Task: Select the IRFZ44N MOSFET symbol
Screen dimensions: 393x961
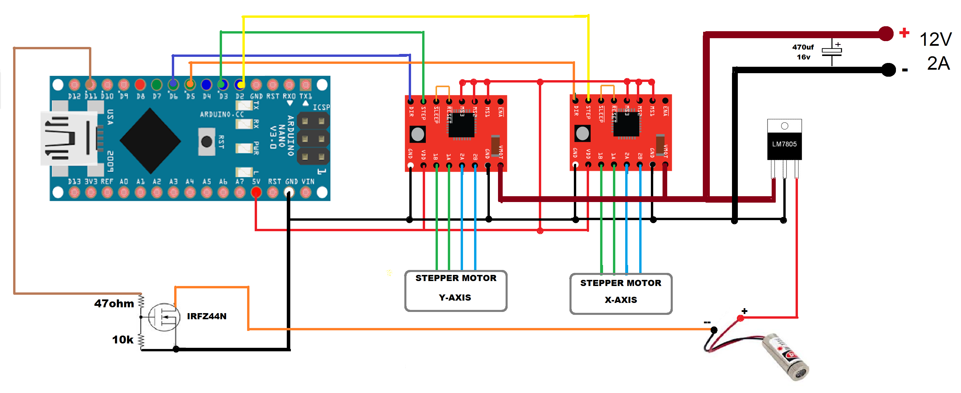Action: tap(164, 317)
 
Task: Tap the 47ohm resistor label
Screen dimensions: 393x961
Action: tap(114, 303)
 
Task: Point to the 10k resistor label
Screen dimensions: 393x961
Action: tap(123, 340)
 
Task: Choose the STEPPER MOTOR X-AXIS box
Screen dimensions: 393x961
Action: tap(621, 294)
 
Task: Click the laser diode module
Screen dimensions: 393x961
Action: tap(783, 356)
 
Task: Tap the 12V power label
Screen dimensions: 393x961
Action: tap(935, 39)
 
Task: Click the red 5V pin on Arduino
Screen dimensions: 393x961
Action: tap(256, 192)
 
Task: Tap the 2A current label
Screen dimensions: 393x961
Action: tap(938, 63)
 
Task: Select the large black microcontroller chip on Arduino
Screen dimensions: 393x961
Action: tap(150, 141)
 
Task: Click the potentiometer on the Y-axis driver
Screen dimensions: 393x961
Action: tap(417, 134)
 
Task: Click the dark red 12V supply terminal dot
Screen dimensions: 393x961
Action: tap(886, 34)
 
